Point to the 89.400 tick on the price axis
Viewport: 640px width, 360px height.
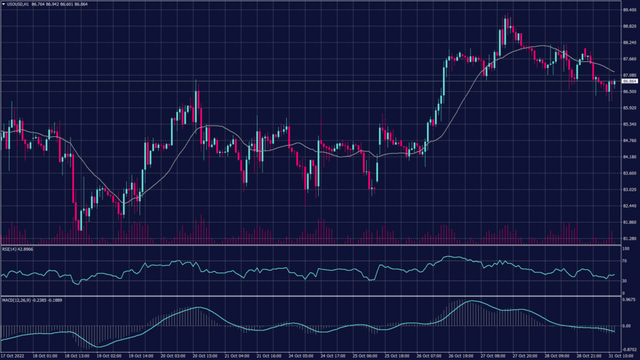(x=629, y=10)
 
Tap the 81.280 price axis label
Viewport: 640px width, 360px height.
(x=629, y=239)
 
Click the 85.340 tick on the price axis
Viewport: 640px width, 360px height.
(x=629, y=124)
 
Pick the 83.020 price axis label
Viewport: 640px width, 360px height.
(x=629, y=189)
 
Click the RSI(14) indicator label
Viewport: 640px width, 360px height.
(x=17, y=249)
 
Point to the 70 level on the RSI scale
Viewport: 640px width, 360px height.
(x=624, y=261)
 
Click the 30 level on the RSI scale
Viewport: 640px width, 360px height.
(x=624, y=281)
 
